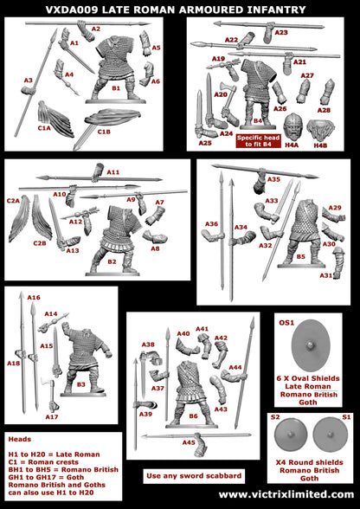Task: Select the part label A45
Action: click(188, 443)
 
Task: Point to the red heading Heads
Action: click(19, 439)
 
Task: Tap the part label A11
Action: click(113, 172)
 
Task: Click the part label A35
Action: click(273, 179)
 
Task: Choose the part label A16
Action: click(34, 297)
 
